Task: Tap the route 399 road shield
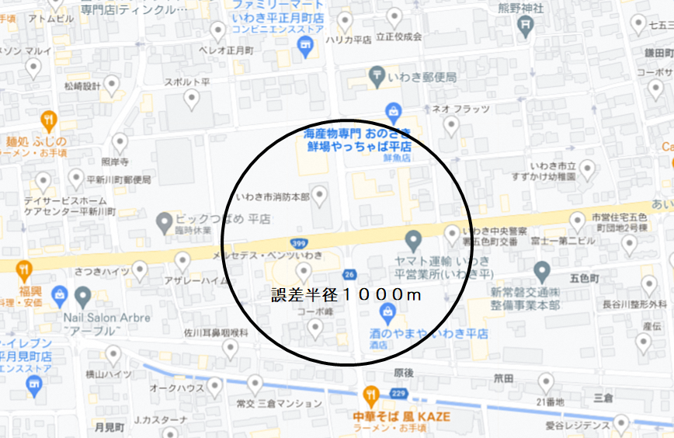299,242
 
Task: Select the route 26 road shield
349,274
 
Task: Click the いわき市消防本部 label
273,197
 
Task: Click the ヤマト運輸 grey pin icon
412,238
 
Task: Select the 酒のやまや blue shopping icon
386,313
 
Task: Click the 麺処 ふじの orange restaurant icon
50,120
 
